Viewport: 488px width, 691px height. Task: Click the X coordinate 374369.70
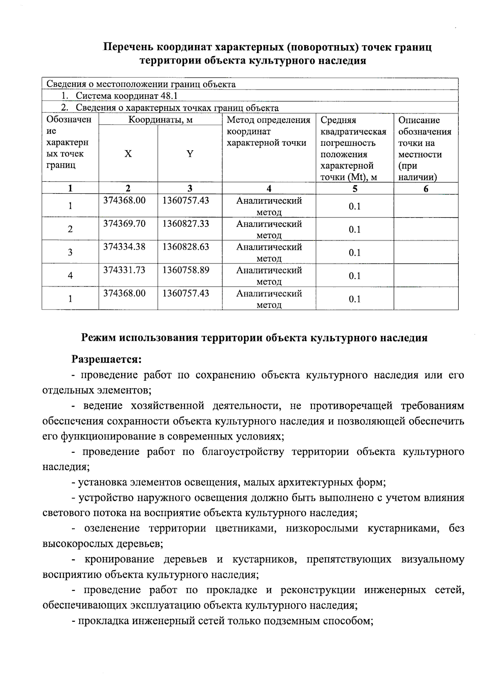[124, 224]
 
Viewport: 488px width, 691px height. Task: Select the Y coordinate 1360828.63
[186, 247]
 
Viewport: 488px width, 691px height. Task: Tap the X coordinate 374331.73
[124, 270]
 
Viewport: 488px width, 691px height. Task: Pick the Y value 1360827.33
[186, 224]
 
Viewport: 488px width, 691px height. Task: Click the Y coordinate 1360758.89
[186, 270]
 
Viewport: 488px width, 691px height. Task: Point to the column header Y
[190, 154]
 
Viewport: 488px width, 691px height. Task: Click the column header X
[128, 154]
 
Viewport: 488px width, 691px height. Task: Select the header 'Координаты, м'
[160, 120]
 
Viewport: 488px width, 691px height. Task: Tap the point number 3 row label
[70, 252]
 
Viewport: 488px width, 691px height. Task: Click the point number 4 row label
[70, 275]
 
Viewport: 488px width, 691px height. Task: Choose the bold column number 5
[355, 189]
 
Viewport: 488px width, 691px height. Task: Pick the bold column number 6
[426, 189]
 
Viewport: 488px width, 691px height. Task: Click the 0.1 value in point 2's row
[355, 229]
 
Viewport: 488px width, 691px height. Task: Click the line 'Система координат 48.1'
[126, 96]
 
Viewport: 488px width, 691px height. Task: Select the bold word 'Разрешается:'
[107, 360]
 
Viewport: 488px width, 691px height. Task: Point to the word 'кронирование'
[119, 559]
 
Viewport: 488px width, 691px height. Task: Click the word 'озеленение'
[112, 529]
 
